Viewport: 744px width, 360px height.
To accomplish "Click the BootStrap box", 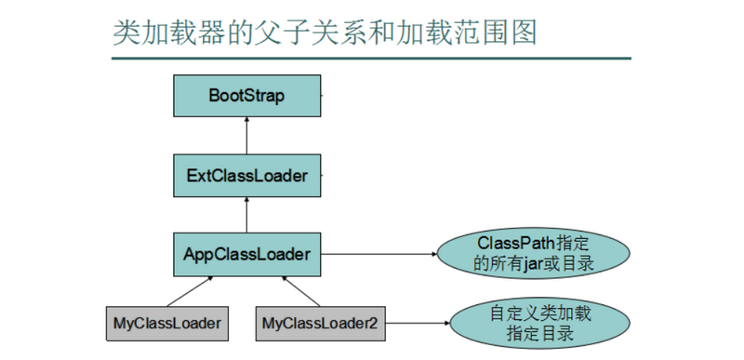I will pyautogui.click(x=246, y=96).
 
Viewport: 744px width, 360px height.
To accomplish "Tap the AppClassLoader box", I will pyautogui.click(x=246, y=252).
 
